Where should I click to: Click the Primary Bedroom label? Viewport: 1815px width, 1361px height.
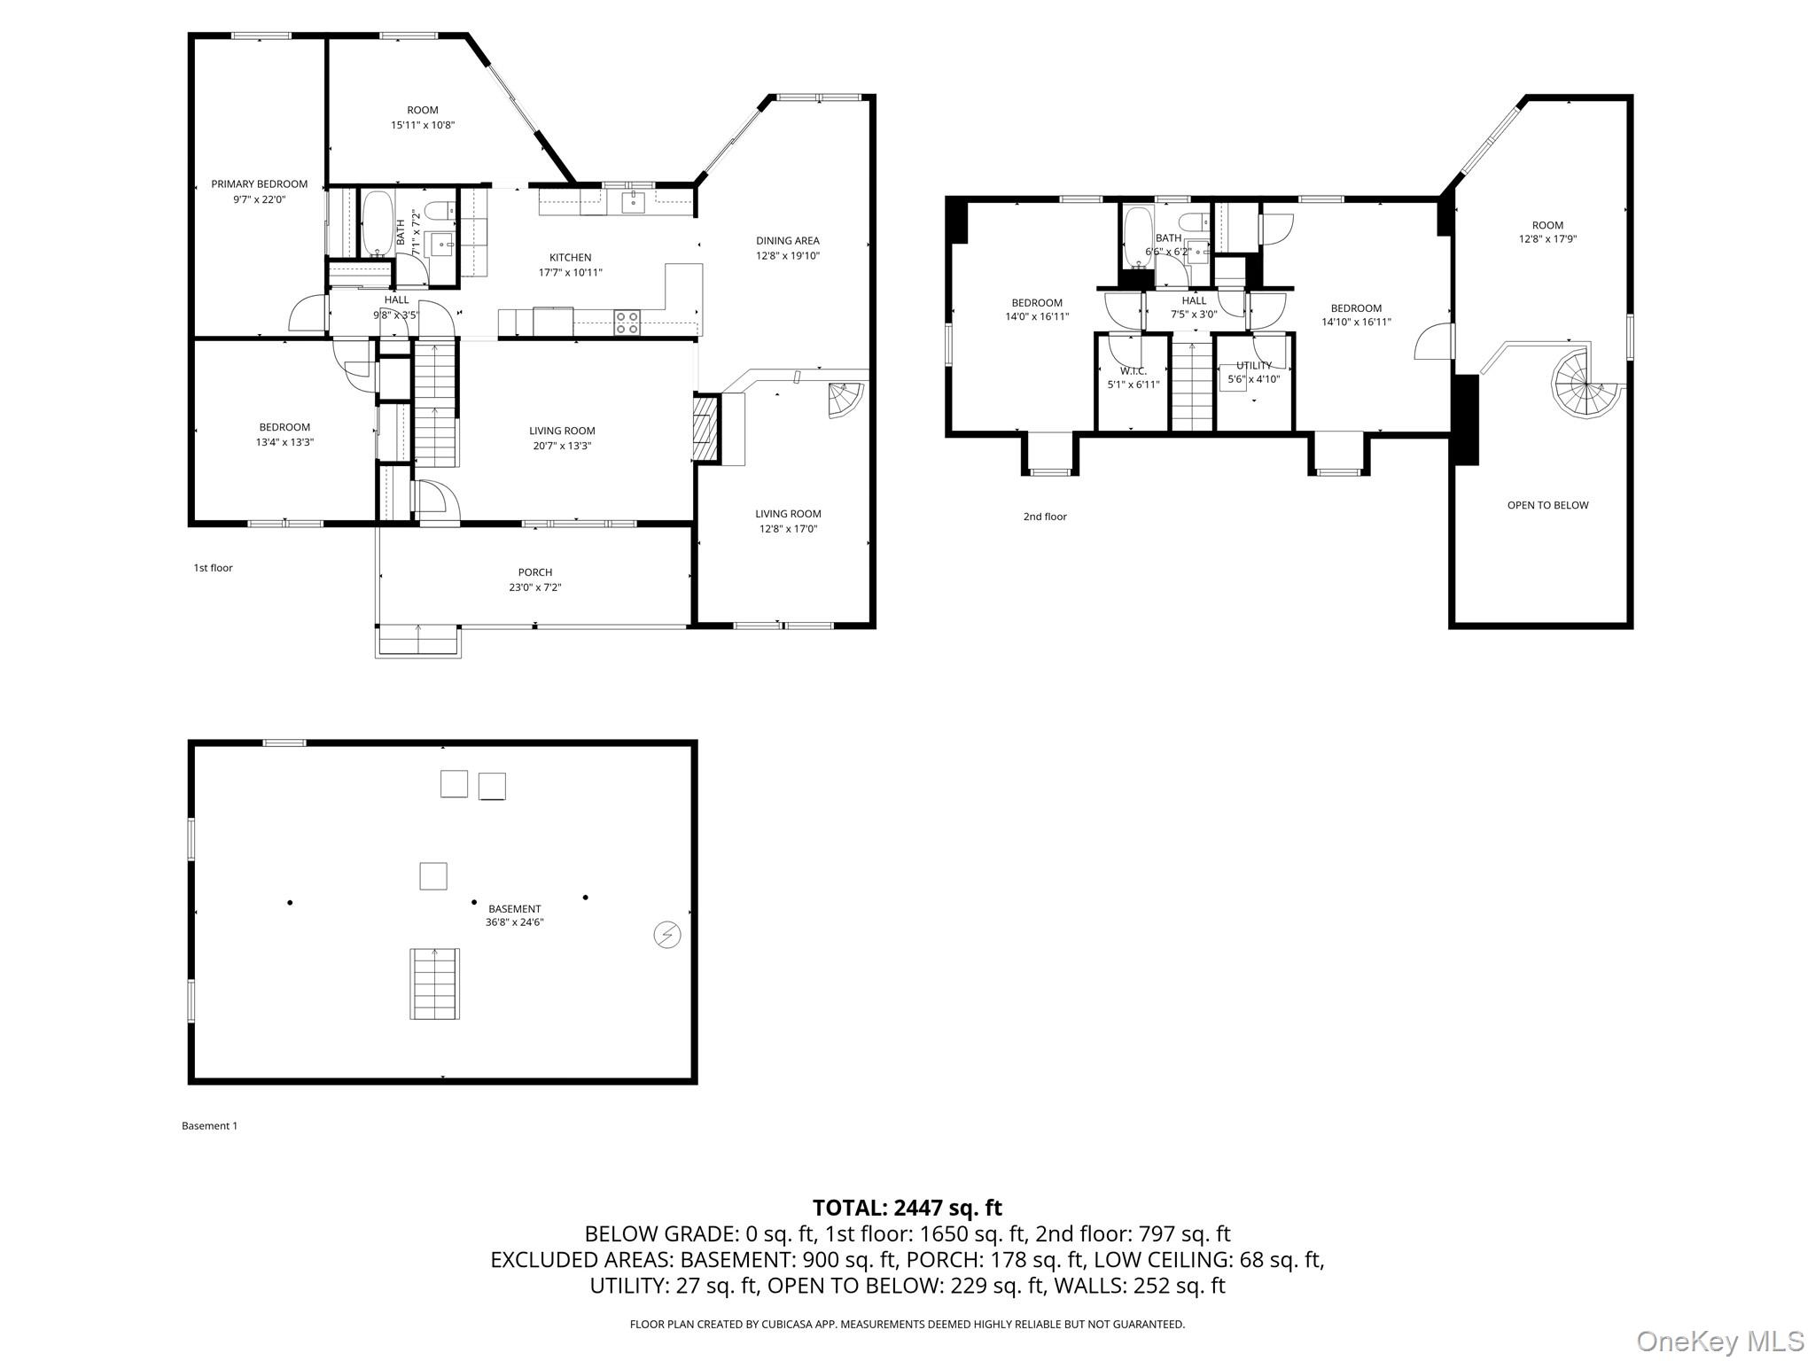(x=259, y=184)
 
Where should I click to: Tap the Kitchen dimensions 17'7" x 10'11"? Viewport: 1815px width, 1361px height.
(x=570, y=273)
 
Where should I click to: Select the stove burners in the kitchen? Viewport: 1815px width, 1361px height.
(x=627, y=323)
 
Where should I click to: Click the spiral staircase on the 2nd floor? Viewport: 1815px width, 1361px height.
(x=1583, y=384)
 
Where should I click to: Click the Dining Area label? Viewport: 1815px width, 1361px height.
(x=787, y=240)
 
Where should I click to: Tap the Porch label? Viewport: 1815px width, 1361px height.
(x=534, y=572)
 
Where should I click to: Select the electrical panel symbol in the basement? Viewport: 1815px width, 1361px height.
(x=666, y=935)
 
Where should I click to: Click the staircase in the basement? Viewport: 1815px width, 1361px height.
(x=434, y=984)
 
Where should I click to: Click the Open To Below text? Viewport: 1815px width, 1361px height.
(x=1547, y=505)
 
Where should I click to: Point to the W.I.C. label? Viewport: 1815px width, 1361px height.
(x=1133, y=371)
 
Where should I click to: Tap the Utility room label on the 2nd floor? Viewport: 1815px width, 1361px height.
(x=1253, y=365)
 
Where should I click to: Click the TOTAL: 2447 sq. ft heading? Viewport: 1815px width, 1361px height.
(x=907, y=1208)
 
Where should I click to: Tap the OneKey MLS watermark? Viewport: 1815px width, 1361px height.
(x=1719, y=1340)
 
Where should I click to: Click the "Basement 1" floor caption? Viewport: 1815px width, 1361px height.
(x=209, y=1126)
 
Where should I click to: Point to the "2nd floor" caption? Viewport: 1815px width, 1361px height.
(x=1045, y=517)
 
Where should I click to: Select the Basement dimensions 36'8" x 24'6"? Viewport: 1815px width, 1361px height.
(x=514, y=922)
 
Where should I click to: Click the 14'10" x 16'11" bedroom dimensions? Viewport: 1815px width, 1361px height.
(x=1356, y=323)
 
